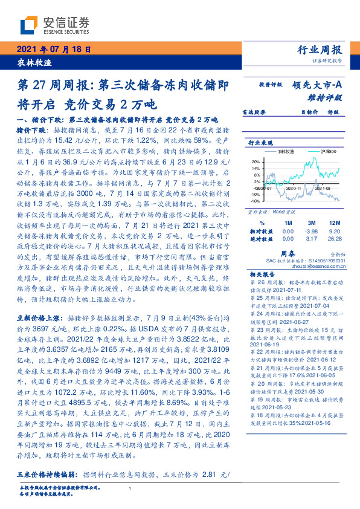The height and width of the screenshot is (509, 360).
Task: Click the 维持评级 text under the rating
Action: click(329, 97)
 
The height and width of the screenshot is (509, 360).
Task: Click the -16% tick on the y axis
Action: click(255, 199)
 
